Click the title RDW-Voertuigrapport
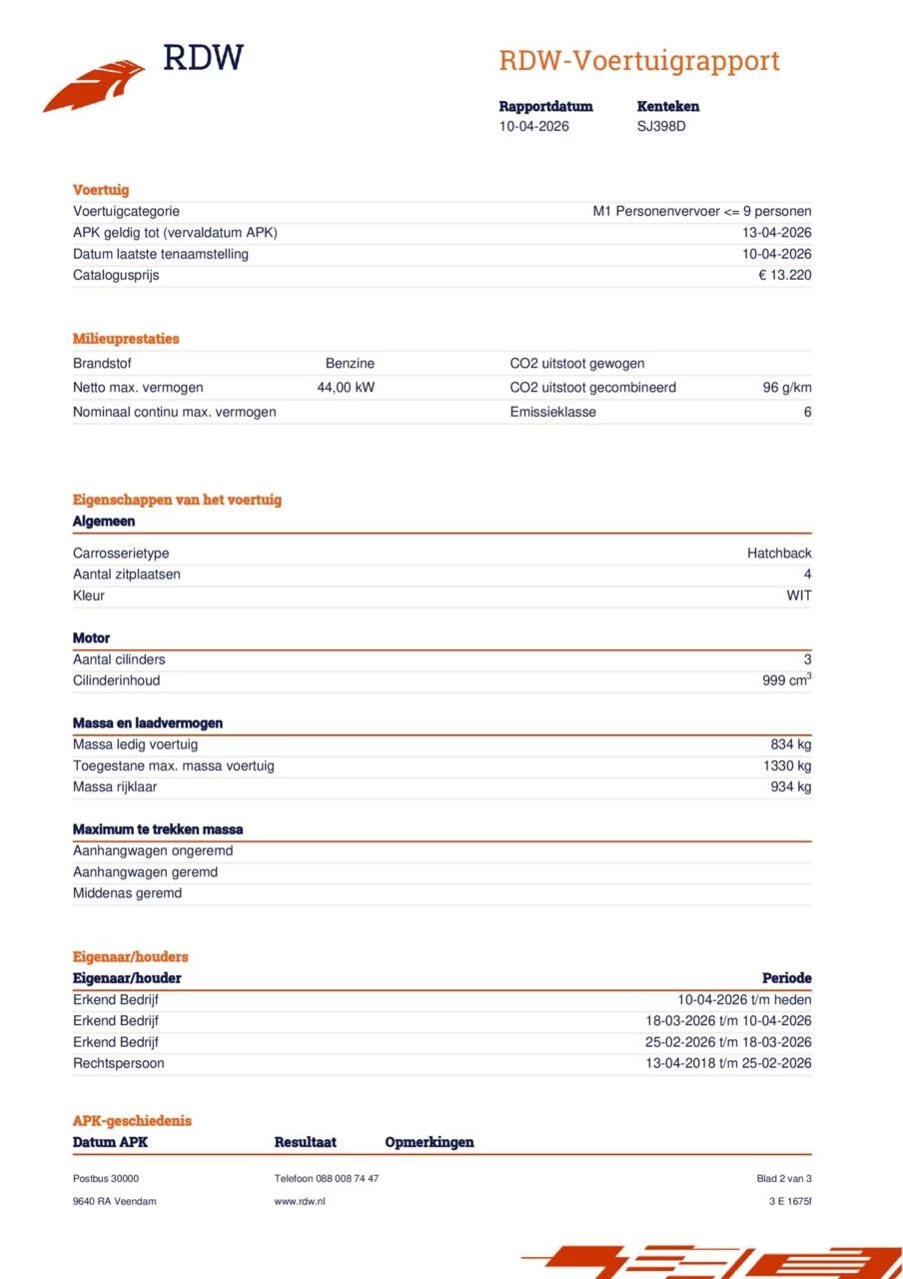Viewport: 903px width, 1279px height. point(638,61)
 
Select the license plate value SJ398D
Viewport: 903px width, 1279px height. point(661,126)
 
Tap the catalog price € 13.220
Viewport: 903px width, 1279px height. point(784,275)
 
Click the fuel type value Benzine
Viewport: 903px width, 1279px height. point(350,364)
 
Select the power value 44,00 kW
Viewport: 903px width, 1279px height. point(346,388)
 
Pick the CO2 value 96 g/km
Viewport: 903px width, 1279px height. point(787,388)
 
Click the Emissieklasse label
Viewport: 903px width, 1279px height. point(552,412)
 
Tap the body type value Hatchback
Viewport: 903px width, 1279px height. point(779,554)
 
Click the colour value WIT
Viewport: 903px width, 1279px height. point(798,596)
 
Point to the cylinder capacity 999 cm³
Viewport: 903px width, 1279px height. point(786,680)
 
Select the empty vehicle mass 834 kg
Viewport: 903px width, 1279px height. point(789,744)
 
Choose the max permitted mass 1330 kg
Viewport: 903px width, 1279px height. point(786,766)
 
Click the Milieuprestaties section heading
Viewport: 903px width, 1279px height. point(126,339)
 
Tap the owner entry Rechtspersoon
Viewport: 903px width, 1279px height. point(118,1063)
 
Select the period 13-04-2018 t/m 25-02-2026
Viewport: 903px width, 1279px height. point(728,1063)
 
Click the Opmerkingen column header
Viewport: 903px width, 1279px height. point(430,1142)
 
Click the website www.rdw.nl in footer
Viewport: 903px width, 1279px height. point(300,1201)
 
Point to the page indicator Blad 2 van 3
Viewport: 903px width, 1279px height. point(784,1179)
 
